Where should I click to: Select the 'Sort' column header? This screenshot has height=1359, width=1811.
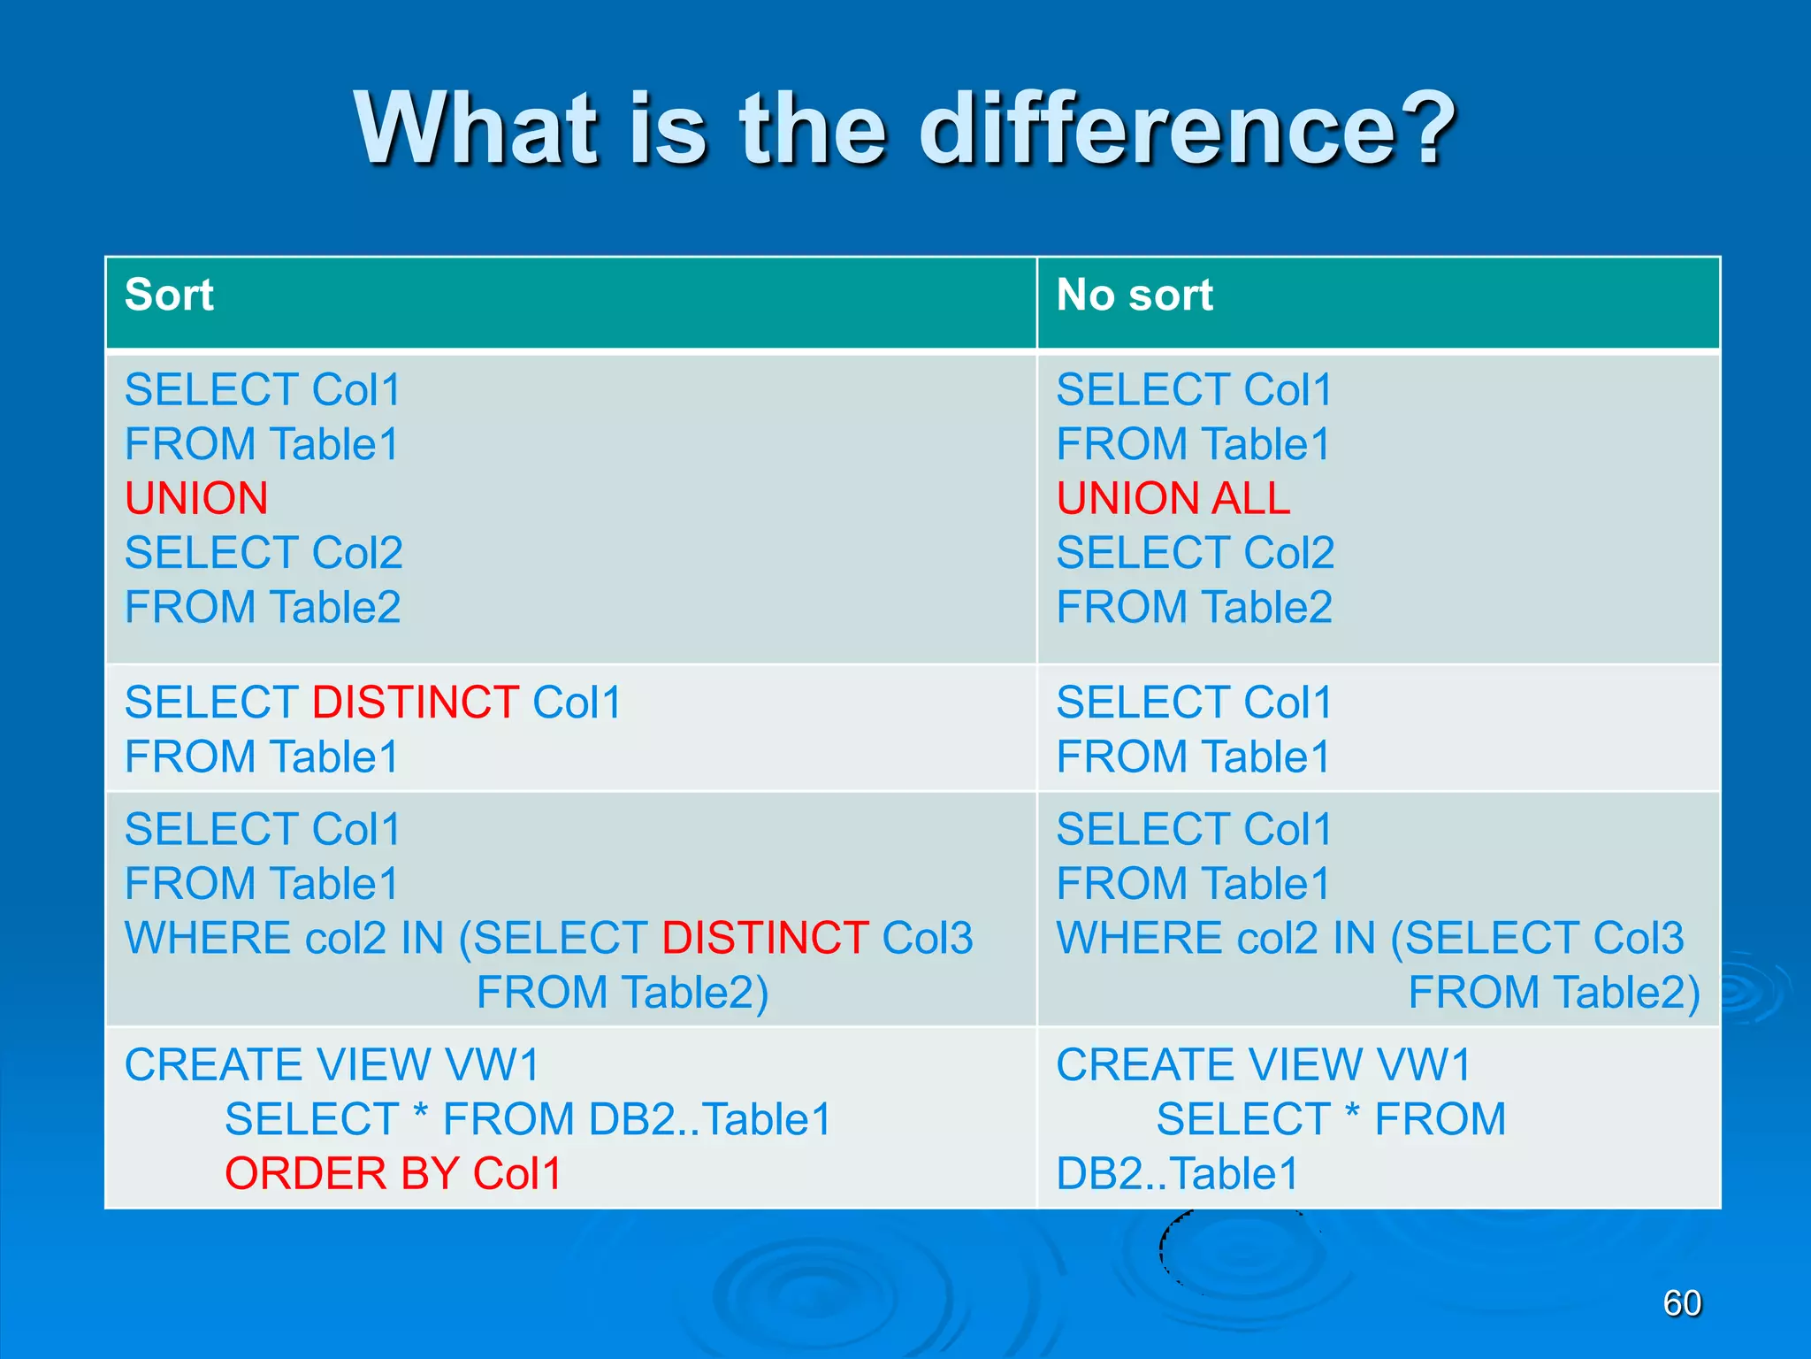coord(169,295)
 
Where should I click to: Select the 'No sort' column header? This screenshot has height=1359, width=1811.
coord(1135,295)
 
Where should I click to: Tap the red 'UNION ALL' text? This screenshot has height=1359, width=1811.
coord(1173,498)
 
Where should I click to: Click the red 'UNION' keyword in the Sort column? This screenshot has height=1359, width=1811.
coord(196,498)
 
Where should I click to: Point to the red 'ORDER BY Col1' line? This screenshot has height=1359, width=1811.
coord(394,1173)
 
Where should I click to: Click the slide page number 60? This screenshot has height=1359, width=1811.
coord(1682,1303)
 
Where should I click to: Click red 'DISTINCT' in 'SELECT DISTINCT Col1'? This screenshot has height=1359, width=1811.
coord(416,703)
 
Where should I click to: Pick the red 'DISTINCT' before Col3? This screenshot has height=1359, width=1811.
coord(765,938)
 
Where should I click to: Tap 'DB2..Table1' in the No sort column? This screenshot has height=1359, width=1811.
coord(1177,1173)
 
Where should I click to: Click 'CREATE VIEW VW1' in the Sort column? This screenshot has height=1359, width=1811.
coord(332,1064)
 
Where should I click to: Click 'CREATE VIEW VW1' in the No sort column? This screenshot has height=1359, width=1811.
coord(1263,1064)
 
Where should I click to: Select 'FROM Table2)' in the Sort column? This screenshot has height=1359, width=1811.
coord(623,992)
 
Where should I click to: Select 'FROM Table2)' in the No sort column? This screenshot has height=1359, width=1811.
coord(1554,992)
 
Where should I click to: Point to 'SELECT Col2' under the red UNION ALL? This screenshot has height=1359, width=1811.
coord(1195,553)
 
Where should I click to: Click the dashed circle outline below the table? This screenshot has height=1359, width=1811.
coord(1164,1248)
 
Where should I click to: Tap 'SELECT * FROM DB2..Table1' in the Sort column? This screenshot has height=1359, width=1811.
coord(528,1119)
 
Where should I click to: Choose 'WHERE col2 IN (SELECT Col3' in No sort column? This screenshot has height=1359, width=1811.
coord(1370,938)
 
